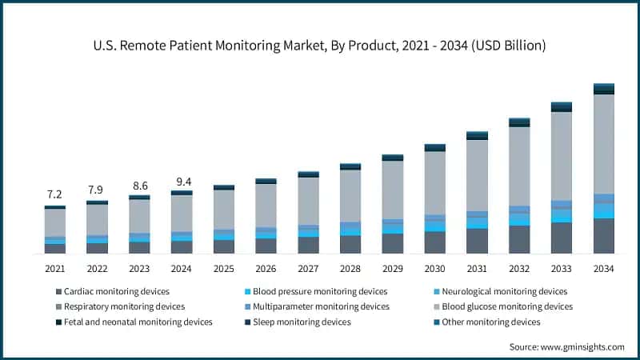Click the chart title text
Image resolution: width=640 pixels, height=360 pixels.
319,46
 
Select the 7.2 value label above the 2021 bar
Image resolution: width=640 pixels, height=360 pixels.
54,194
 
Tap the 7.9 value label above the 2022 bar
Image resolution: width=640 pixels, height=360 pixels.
96,190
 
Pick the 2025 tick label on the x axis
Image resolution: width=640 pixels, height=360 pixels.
223,269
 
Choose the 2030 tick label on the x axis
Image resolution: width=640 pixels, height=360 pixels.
434,269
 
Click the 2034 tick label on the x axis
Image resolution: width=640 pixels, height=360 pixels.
603,269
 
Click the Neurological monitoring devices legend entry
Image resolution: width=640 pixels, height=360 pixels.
503,291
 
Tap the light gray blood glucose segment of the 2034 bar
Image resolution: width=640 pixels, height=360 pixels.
603,144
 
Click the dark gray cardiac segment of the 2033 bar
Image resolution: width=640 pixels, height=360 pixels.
562,238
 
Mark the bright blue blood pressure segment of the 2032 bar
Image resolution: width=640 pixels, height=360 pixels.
519,219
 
